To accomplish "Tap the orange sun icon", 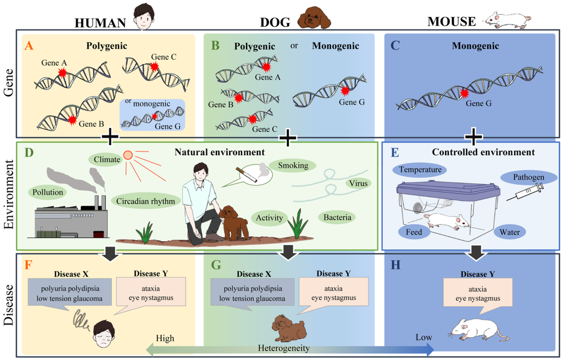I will coord(128,156).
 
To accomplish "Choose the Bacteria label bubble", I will coord(336,217).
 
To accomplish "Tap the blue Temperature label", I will coord(420,169).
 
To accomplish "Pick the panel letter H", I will coord(396,265).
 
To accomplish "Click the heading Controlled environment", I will coord(483,153).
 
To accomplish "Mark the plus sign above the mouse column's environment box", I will coord(473,138).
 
